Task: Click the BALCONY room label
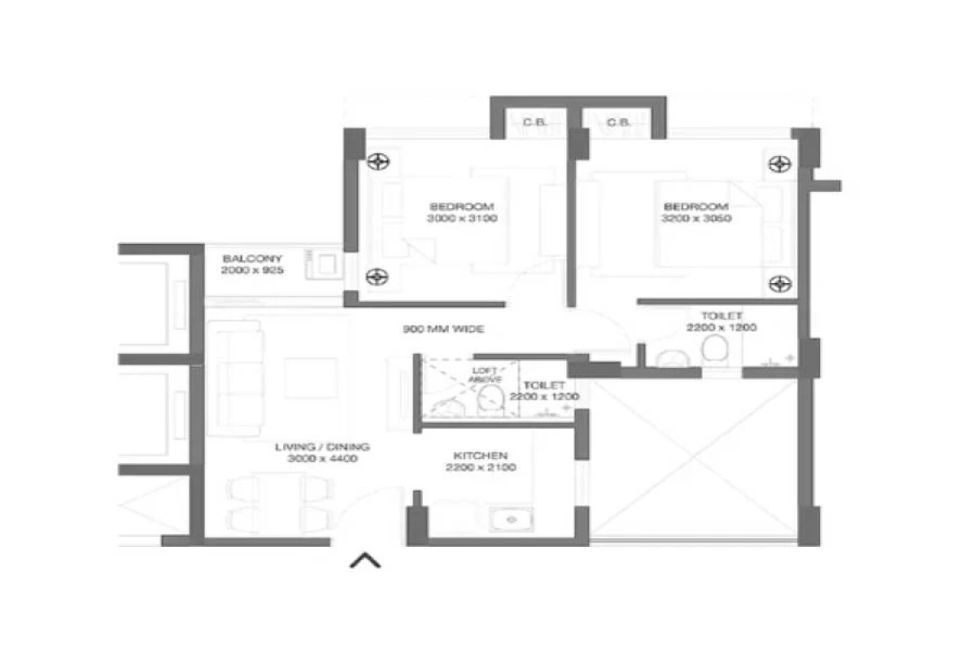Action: pyautogui.click(x=252, y=259)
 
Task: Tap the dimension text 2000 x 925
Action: pyautogui.click(x=252, y=270)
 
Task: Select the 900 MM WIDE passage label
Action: pyautogui.click(x=443, y=330)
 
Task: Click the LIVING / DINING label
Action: pyautogui.click(x=322, y=447)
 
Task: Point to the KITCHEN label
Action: pyautogui.click(x=480, y=456)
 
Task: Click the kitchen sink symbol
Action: pyautogui.click(x=511, y=518)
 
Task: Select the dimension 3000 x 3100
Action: pyautogui.click(x=461, y=218)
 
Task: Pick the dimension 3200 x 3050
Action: pyautogui.click(x=698, y=218)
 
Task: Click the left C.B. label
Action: pyautogui.click(x=534, y=123)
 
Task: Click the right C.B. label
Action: pyautogui.click(x=618, y=123)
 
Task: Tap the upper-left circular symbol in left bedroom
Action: pyautogui.click(x=376, y=161)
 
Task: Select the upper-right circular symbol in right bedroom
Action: pyautogui.click(x=779, y=164)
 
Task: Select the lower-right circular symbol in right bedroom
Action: pyautogui.click(x=779, y=283)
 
